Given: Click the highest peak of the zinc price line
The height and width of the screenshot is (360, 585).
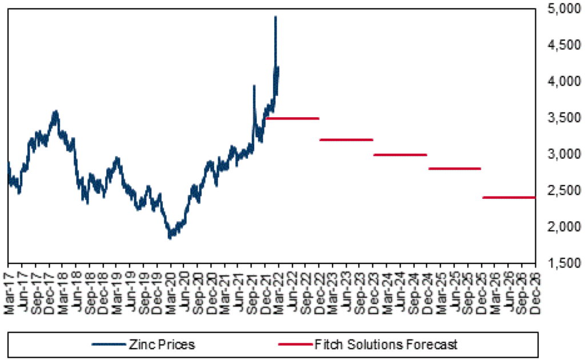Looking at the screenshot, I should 275,17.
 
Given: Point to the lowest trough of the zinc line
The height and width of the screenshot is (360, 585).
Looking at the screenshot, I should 170,237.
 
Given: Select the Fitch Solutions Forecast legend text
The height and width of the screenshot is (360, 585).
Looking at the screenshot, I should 386,344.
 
